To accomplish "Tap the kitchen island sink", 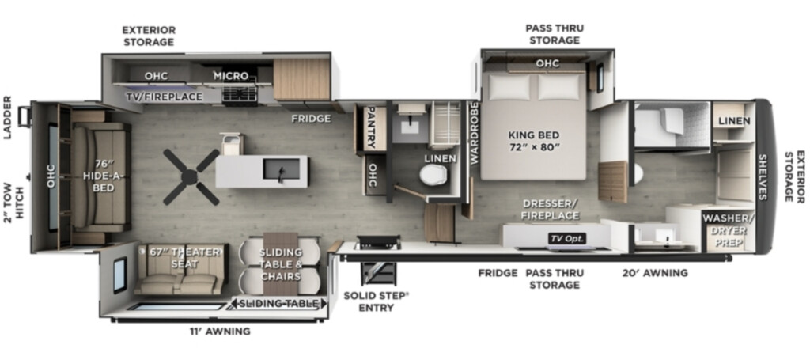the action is click(x=282, y=169).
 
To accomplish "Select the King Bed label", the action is click(x=534, y=141).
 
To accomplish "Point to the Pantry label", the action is click(x=370, y=128).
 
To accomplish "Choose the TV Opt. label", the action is click(x=567, y=238).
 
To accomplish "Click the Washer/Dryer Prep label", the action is click(x=729, y=230).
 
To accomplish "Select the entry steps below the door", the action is click(x=378, y=274).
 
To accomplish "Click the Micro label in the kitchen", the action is click(x=231, y=76).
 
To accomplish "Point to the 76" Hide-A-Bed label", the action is click(x=103, y=176).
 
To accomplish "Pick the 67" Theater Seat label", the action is click(x=185, y=258).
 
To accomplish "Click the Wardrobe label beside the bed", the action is click(x=475, y=132).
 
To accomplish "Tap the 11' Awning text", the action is click(x=220, y=331).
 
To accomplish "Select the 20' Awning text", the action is click(x=655, y=273).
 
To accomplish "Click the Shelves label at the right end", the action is click(x=763, y=176).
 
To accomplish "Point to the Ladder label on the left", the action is click(x=7, y=117).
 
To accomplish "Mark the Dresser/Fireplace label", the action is click(x=551, y=209).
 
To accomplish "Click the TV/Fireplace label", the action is click(x=165, y=97).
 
